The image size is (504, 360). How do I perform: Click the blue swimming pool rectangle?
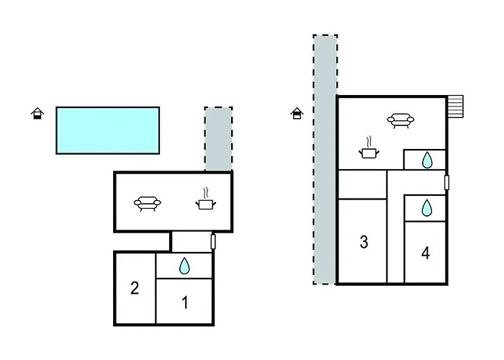(108, 130)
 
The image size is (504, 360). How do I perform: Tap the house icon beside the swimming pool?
(37, 113)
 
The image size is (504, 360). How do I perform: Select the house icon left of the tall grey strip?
(297, 113)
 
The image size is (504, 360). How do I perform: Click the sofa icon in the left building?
(147, 204)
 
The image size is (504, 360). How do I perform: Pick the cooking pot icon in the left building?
(206, 199)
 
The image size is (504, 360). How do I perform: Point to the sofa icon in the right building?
(400, 121)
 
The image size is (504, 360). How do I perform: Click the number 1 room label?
(185, 302)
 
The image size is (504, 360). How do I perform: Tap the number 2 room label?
(135, 288)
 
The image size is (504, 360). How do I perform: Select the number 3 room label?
(364, 242)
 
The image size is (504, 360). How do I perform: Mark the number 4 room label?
(426, 253)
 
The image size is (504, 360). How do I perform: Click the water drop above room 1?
(184, 266)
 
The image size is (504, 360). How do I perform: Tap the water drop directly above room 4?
(426, 207)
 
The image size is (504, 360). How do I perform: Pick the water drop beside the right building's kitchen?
(427, 160)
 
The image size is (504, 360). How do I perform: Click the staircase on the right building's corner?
(455, 107)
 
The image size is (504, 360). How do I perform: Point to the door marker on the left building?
(213, 242)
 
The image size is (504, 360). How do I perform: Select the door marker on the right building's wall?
(446, 183)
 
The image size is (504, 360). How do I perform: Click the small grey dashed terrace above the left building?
(219, 139)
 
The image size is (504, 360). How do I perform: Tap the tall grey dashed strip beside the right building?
(325, 159)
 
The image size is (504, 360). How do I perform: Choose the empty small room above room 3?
(362, 184)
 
